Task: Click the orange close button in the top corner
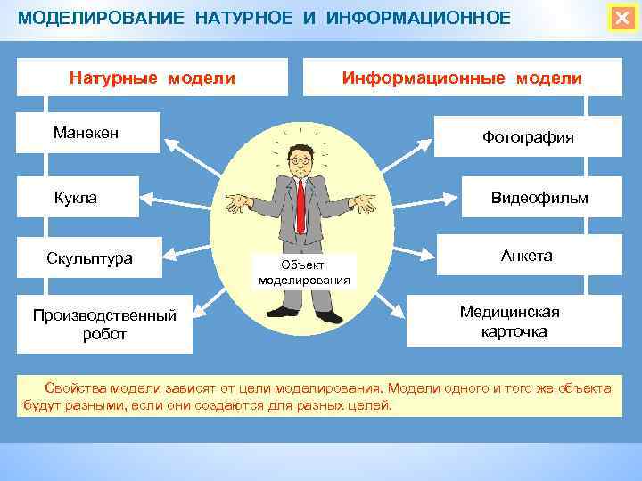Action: (621, 18)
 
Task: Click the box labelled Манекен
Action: (87, 133)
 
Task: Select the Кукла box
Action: (77, 197)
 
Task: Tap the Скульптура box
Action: (89, 259)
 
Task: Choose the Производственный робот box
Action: (104, 325)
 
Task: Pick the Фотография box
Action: (528, 137)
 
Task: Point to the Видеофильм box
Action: (539, 198)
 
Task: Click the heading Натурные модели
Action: (152, 77)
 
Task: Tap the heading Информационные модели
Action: (462, 77)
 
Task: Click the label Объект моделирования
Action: (303, 273)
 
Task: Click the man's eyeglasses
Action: (300, 162)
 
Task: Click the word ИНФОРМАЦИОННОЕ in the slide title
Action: (419, 18)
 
